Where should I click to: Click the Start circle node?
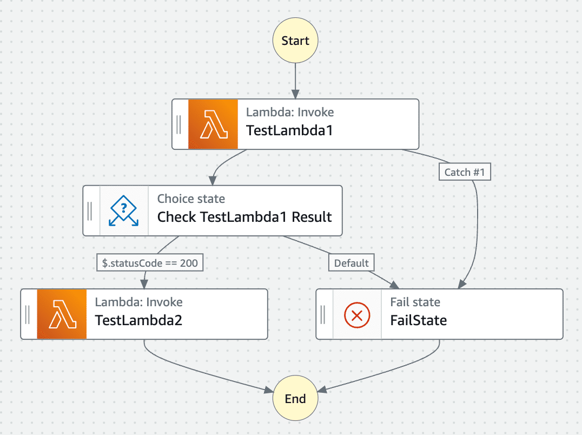(x=295, y=41)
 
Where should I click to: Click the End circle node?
(x=295, y=399)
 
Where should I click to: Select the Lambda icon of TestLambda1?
(x=213, y=124)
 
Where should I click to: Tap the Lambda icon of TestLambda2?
(x=62, y=314)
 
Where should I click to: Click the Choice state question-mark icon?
(x=124, y=210)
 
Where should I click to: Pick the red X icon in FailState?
(x=357, y=314)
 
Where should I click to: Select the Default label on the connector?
(x=351, y=263)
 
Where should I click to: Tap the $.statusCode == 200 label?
(x=150, y=263)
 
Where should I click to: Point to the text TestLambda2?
(x=138, y=320)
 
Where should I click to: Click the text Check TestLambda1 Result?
(x=244, y=217)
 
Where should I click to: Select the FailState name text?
(x=419, y=320)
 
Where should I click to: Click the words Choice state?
(x=191, y=199)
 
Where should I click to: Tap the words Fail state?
(x=415, y=302)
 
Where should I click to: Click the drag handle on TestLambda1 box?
(x=180, y=124)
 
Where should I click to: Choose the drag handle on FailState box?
(x=323, y=314)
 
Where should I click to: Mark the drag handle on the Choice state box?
(x=90, y=210)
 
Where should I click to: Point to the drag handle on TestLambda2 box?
(x=28, y=314)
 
